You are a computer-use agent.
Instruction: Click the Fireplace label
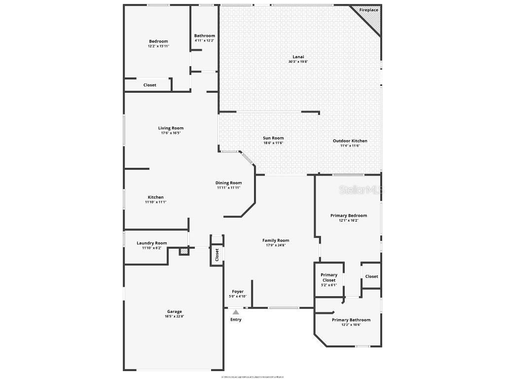[x=368, y=10]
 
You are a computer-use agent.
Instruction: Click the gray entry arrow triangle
[x=236, y=312]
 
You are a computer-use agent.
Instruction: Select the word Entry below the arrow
[x=236, y=320]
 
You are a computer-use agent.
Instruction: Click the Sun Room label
[x=273, y=138]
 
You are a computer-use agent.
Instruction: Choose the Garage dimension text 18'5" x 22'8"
[x=174, y=316]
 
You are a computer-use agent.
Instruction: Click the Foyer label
[x=238, y=292]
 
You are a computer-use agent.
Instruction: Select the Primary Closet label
[x=329, y=277]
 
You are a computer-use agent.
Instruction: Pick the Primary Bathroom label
[x=351, y=320]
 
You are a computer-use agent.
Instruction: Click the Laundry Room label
[x=151, y=243]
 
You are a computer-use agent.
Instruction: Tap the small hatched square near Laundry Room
[x=183, y=252]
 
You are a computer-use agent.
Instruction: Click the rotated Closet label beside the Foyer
[x=217, y=255]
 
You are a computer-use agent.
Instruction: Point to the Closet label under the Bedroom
[x=150, y=85]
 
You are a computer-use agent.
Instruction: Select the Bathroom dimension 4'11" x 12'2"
[x=204, y=40]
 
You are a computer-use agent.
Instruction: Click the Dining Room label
[x=228, y=183]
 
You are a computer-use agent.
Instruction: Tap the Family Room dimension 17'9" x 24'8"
[x=276, y=245]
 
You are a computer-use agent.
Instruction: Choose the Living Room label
[x=171, y=128]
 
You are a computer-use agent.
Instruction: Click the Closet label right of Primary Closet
[x=371, y=276]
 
